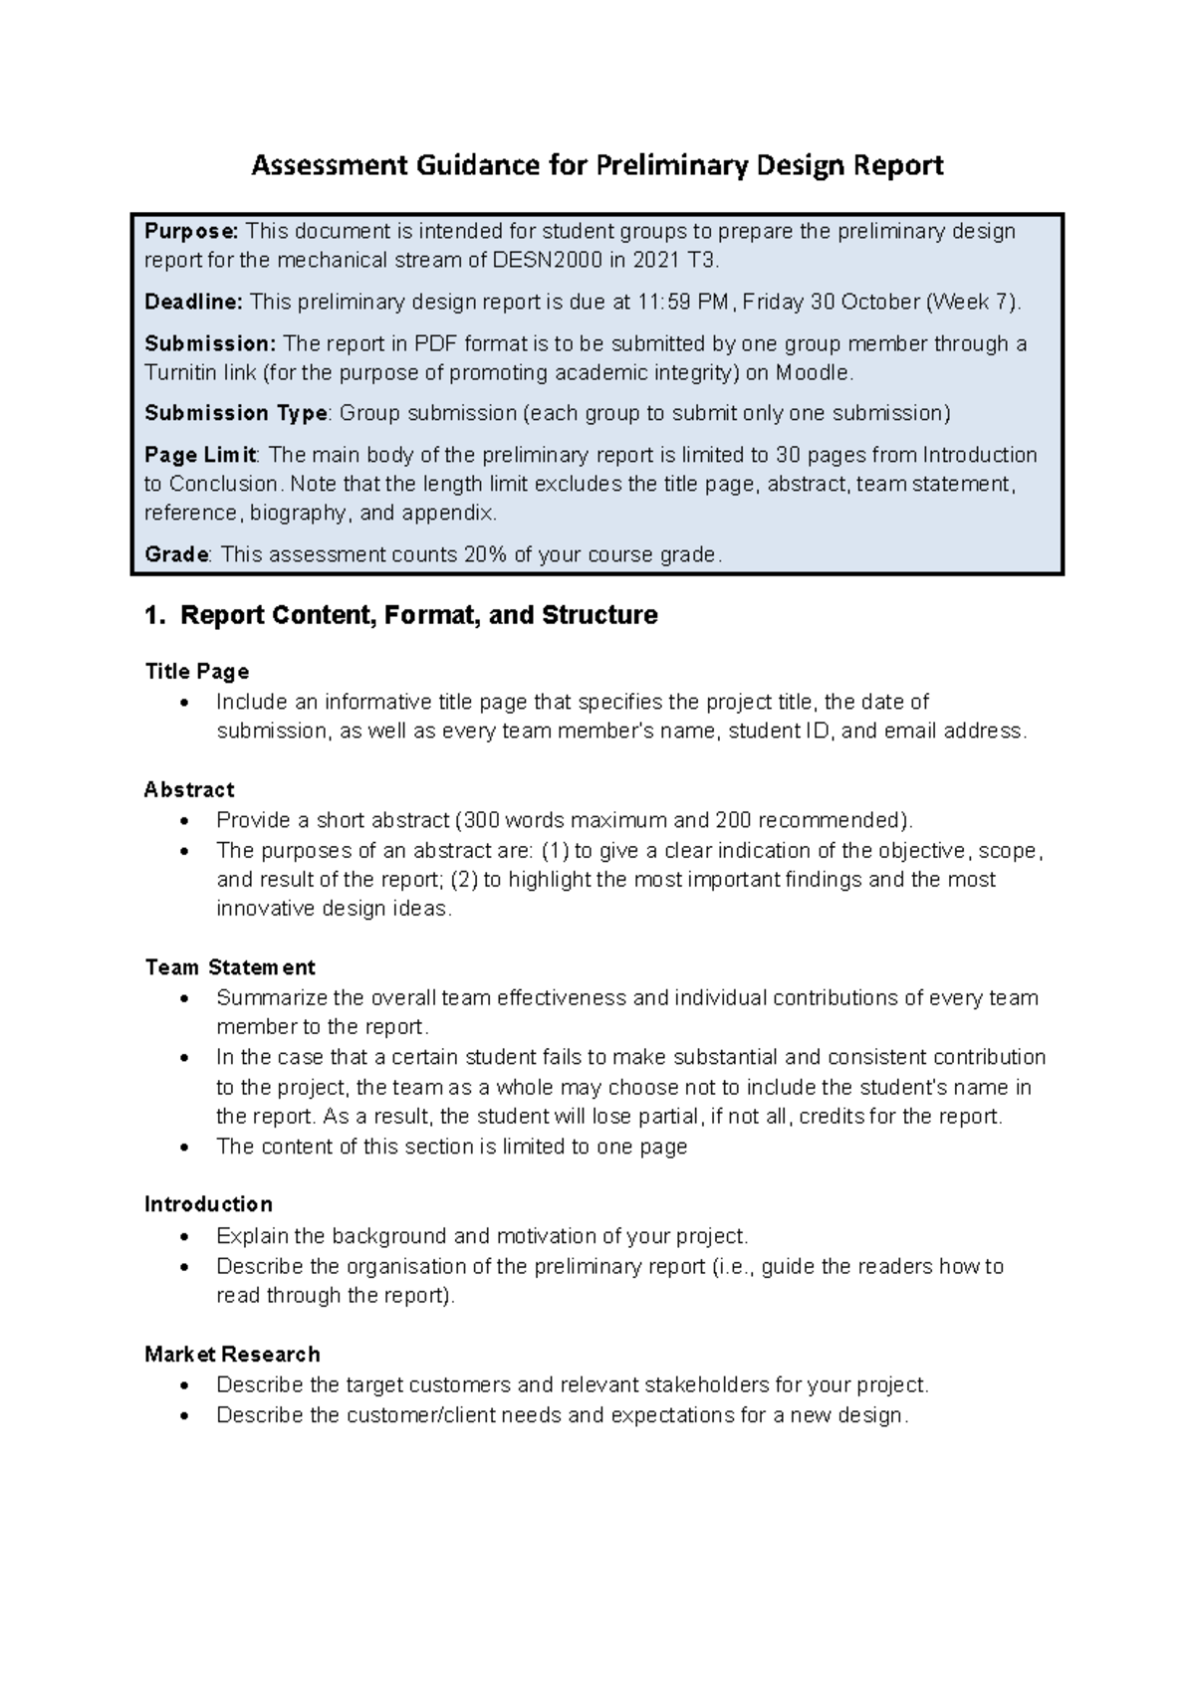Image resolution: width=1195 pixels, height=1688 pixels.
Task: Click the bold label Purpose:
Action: tap(191, 232)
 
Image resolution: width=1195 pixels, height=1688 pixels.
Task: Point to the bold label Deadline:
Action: tap(193, 303)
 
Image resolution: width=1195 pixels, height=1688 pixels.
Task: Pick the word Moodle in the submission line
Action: tap(814, 373)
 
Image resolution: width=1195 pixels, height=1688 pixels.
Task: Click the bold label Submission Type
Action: tap(236, 413)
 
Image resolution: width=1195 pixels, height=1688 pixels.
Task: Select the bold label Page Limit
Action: tap(200, 455)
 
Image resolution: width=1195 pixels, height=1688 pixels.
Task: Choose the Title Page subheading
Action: tap(196, 672)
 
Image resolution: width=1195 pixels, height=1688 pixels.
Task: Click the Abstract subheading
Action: tap(189, 790)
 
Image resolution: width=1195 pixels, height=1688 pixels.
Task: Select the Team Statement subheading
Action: tap(230, 967)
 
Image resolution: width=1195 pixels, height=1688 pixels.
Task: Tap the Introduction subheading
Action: tap(208, 1204)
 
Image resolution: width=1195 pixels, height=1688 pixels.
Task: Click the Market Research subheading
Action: tap(232, 1355)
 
